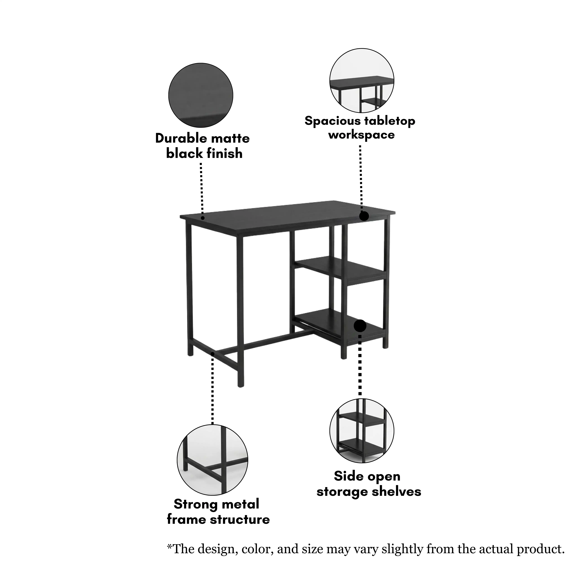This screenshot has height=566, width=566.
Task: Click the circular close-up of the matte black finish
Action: pos(201,95)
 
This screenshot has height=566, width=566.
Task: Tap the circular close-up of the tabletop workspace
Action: pos(362,81)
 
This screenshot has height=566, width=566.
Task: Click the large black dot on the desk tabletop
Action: pos(364,216)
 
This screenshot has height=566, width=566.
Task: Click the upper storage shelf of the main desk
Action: pos(340,268)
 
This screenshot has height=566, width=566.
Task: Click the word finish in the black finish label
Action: pos(225,153)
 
